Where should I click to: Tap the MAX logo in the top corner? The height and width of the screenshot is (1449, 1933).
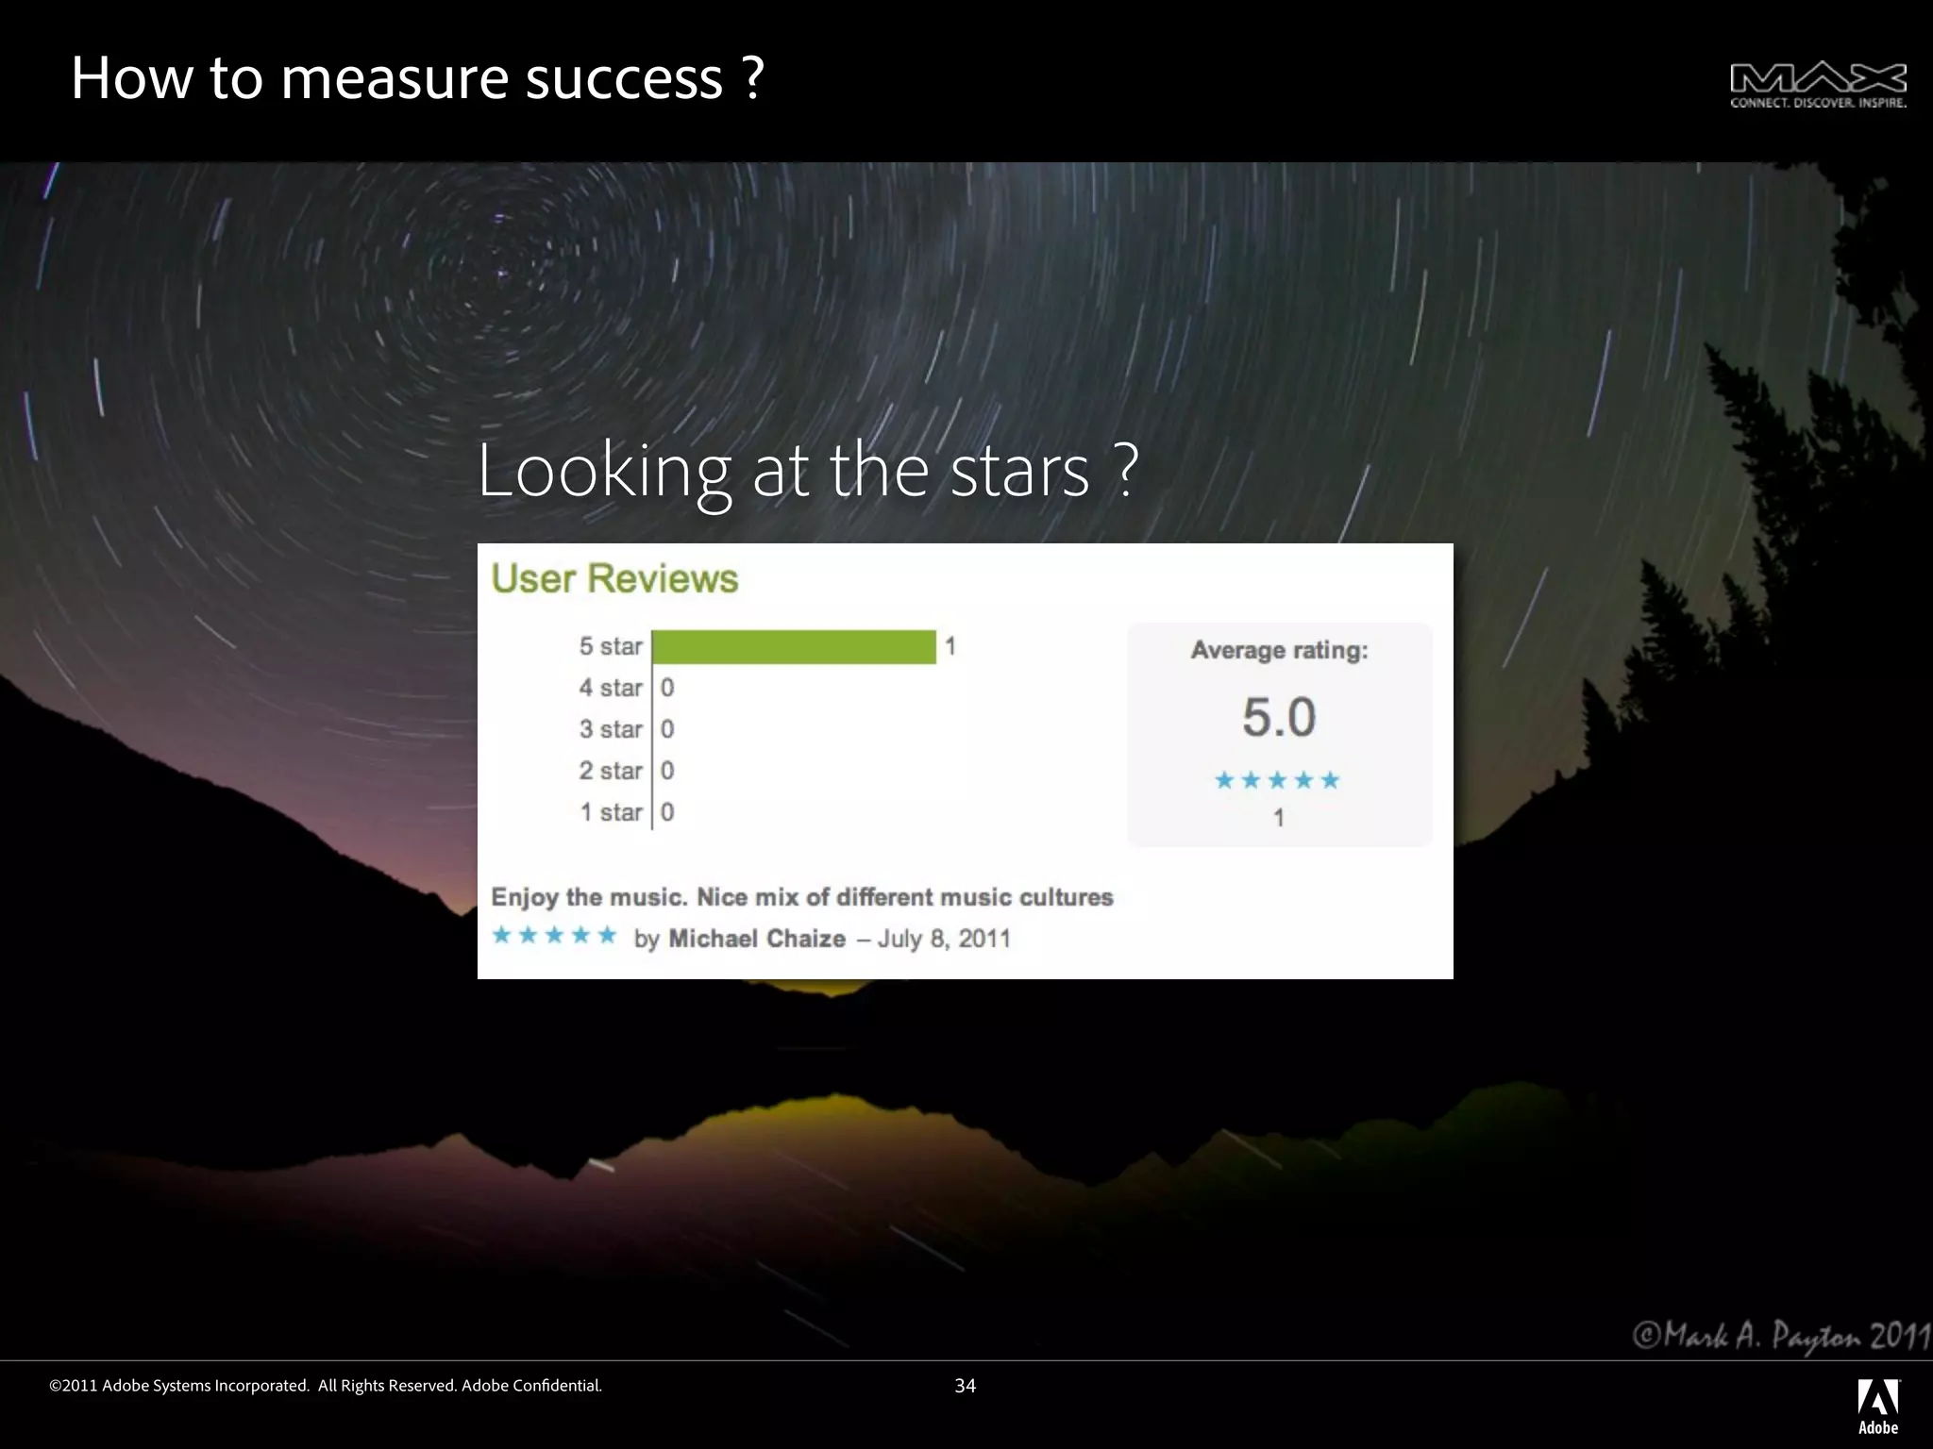(x=1817, y=85)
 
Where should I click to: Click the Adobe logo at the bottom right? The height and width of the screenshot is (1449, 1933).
(x=1877, y=1406)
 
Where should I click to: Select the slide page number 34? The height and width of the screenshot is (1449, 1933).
(x=965, y=1386)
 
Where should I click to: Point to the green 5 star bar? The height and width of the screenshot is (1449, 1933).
(x=794, y=647)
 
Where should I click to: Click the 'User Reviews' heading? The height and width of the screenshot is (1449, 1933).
(x=614, y=578)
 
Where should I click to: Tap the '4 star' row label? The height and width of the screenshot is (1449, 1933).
(x=610, y=688)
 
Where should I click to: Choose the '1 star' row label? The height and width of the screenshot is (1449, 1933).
(x=610, y=812)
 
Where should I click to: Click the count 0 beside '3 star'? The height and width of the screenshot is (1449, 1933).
(x=667, y=729)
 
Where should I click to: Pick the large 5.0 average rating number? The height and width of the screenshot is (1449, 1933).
(x=1279, y=717)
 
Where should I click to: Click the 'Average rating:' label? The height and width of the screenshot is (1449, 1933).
(x=1279, y=650)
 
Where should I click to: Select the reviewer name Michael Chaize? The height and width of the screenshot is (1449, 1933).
(x=757, y=939)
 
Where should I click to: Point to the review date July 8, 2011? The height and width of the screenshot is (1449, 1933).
(x=944, y=939)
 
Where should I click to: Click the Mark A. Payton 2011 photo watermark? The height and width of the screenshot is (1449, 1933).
(x=1782, y=1336)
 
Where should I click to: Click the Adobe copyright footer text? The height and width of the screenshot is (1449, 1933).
(x=326, y=1386)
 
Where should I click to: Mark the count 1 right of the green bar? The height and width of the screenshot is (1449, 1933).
(x=950, y=646)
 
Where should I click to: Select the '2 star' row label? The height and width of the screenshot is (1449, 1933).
(x=610, y=771)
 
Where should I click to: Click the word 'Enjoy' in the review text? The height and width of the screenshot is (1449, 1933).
(x=525, y=897)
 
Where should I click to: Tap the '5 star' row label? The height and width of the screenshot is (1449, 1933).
(x=610, y=646)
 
